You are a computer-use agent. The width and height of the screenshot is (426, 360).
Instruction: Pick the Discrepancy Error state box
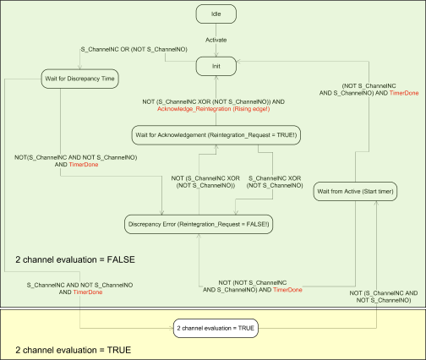point(199,223)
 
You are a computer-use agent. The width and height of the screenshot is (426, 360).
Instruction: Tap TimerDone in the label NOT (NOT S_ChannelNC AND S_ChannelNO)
point(288,290)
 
